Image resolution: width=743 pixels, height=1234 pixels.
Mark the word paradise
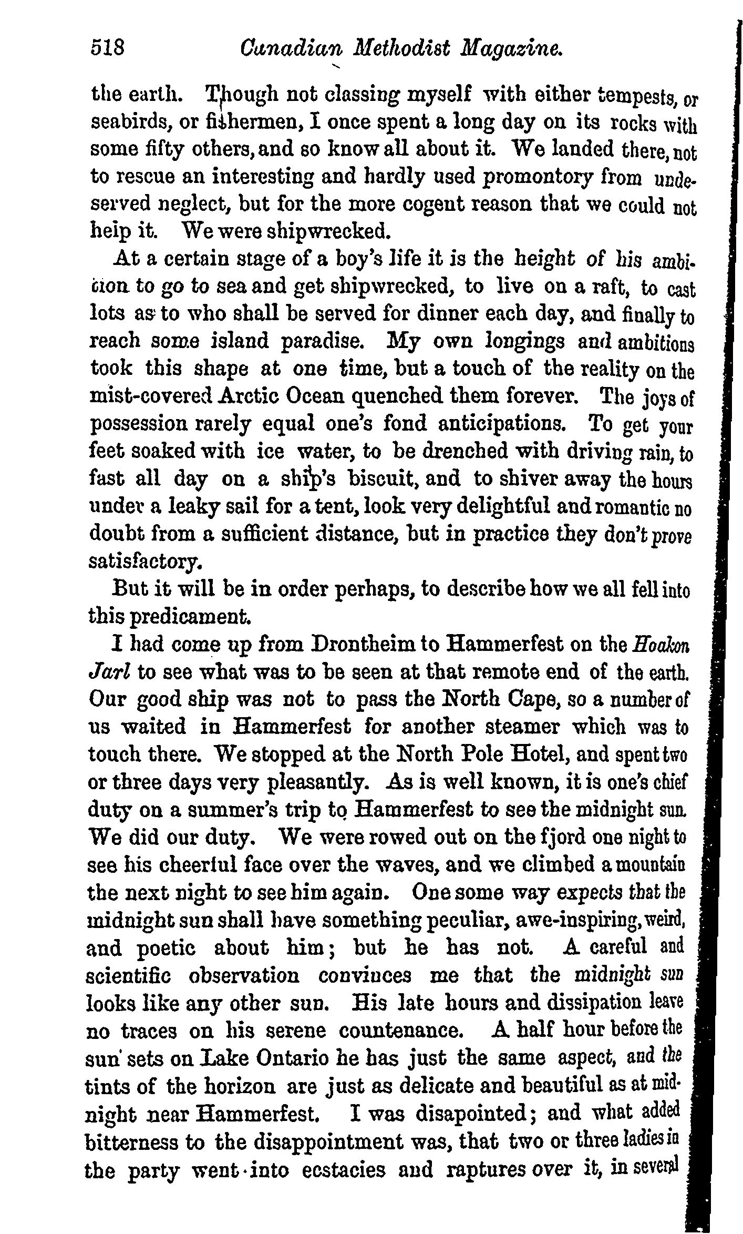pyautogui.click(x=322, y=342)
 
